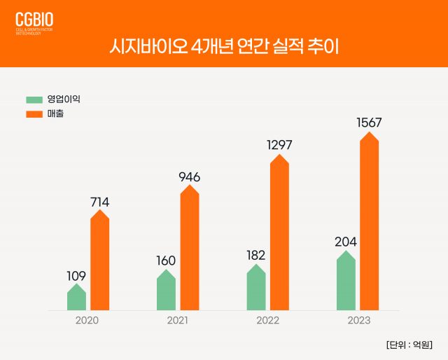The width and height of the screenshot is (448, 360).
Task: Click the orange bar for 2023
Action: (369, 221)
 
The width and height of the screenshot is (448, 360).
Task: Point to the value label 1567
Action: (369, 123)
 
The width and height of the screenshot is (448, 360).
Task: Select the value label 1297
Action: (279, 145)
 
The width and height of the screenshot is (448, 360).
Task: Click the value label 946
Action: (189, 176)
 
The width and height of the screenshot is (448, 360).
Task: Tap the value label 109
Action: (76, 276)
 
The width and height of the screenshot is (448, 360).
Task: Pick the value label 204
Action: (345, 242)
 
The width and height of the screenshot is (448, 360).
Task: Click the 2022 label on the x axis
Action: (267, 320)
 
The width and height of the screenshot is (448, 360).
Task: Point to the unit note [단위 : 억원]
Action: (408, 344)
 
